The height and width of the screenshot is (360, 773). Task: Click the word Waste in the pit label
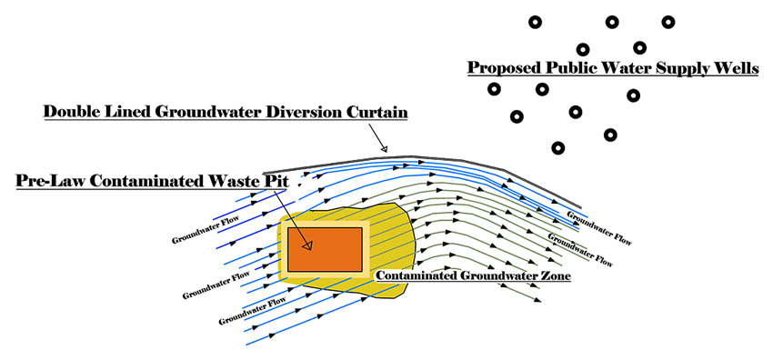pyautogui.click(x=234, y=181)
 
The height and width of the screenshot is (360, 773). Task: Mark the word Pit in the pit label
pyautogui.click(x=275, y=181)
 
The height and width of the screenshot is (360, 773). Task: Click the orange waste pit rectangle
pyautogui.click(x=326, y=249)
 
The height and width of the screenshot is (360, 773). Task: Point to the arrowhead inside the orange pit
pyautogui.click(x=308, y=245)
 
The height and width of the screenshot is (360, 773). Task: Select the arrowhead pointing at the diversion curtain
pyautogui.click(x=384, y=148)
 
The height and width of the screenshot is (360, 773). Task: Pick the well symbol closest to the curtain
pyautogui.click(x=557, y=147)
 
